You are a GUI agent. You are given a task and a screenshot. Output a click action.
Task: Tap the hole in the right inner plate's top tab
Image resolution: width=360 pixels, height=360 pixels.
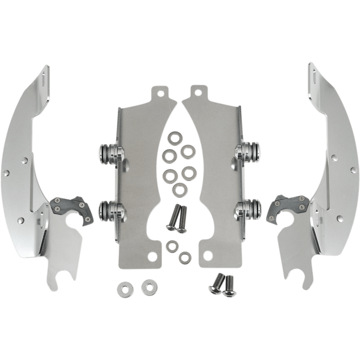point(198,92)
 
